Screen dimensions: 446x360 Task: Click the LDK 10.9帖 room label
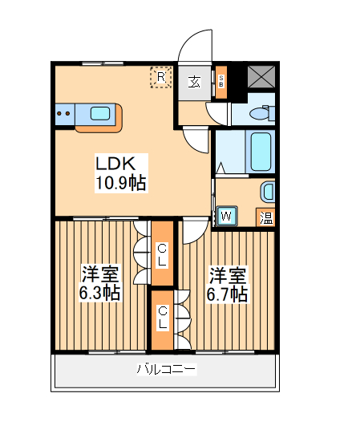pyautogui.click(x=120, y=172)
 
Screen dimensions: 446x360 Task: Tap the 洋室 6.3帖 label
pyautogui.click(x=99, y=283)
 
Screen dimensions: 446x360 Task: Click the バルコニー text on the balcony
pyautogui.click(x=166, y=370)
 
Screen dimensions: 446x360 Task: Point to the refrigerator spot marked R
pyautogui.click(x=161, y=77)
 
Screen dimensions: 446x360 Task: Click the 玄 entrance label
pyautogui.click(x=195, y=81)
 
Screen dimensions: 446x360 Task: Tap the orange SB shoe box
pyautogui.click(x=221, y=81)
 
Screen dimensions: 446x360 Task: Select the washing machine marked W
pyautogui.click(x=225, y=216)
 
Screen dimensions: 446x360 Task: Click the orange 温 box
pyautogui.click(x=265, y=217)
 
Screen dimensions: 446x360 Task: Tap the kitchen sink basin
pyautogui.click(x=100, y=113)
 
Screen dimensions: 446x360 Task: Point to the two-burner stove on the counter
pyautogui.click(x=65, y=114)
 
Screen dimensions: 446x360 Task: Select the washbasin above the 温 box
pyautogui.click(x=268, y=192)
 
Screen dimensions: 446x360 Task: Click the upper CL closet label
pyautogui.click(x=162, y=255)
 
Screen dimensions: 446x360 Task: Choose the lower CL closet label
pyautogui.click(x=162, y=318)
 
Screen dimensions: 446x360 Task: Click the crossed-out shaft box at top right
pyautogui.click(x=260, y=77)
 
